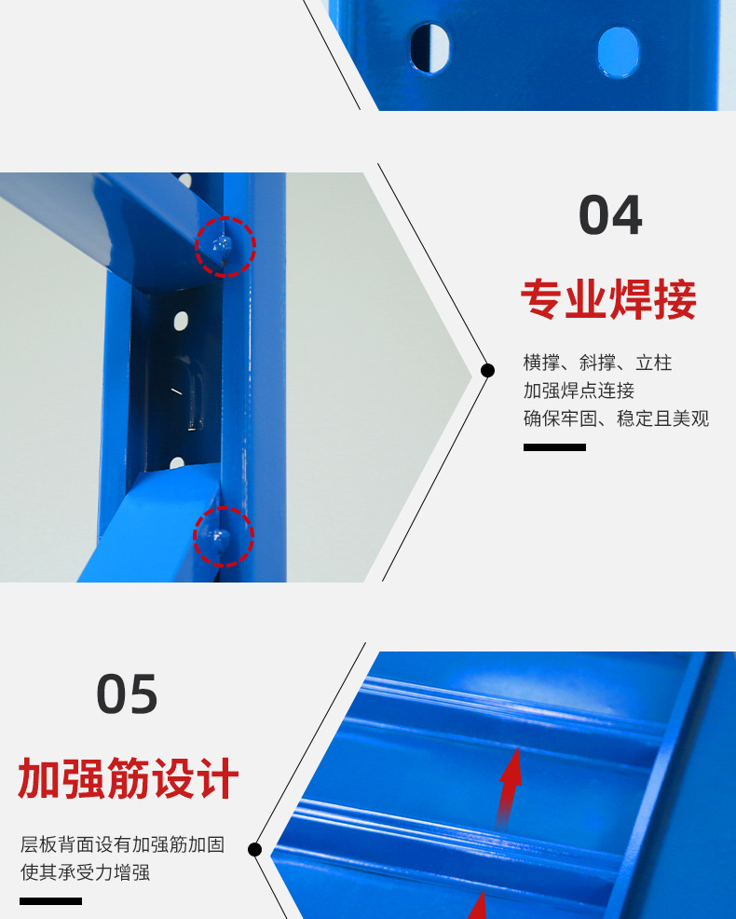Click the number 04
tap(610, 216)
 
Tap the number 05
tap(128, 695)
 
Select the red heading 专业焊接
tap(608, 300)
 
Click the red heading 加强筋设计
tap(129, 779)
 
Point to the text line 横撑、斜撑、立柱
tap(597, 363)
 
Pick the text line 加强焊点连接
tap(579, 391)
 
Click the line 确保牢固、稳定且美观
tap(616, 418)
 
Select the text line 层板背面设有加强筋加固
tap(122, 844)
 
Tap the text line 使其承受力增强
tap(85, 872)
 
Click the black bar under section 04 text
tap(554, 447)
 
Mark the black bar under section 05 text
tap(50, 901)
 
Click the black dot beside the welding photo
tap(487, 371)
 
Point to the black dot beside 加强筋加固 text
tap(255, 849)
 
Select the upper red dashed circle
tap(225, 247)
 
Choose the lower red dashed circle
tap(223, 537)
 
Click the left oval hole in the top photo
tap(429, 48)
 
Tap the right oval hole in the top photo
tap(619, 51)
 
